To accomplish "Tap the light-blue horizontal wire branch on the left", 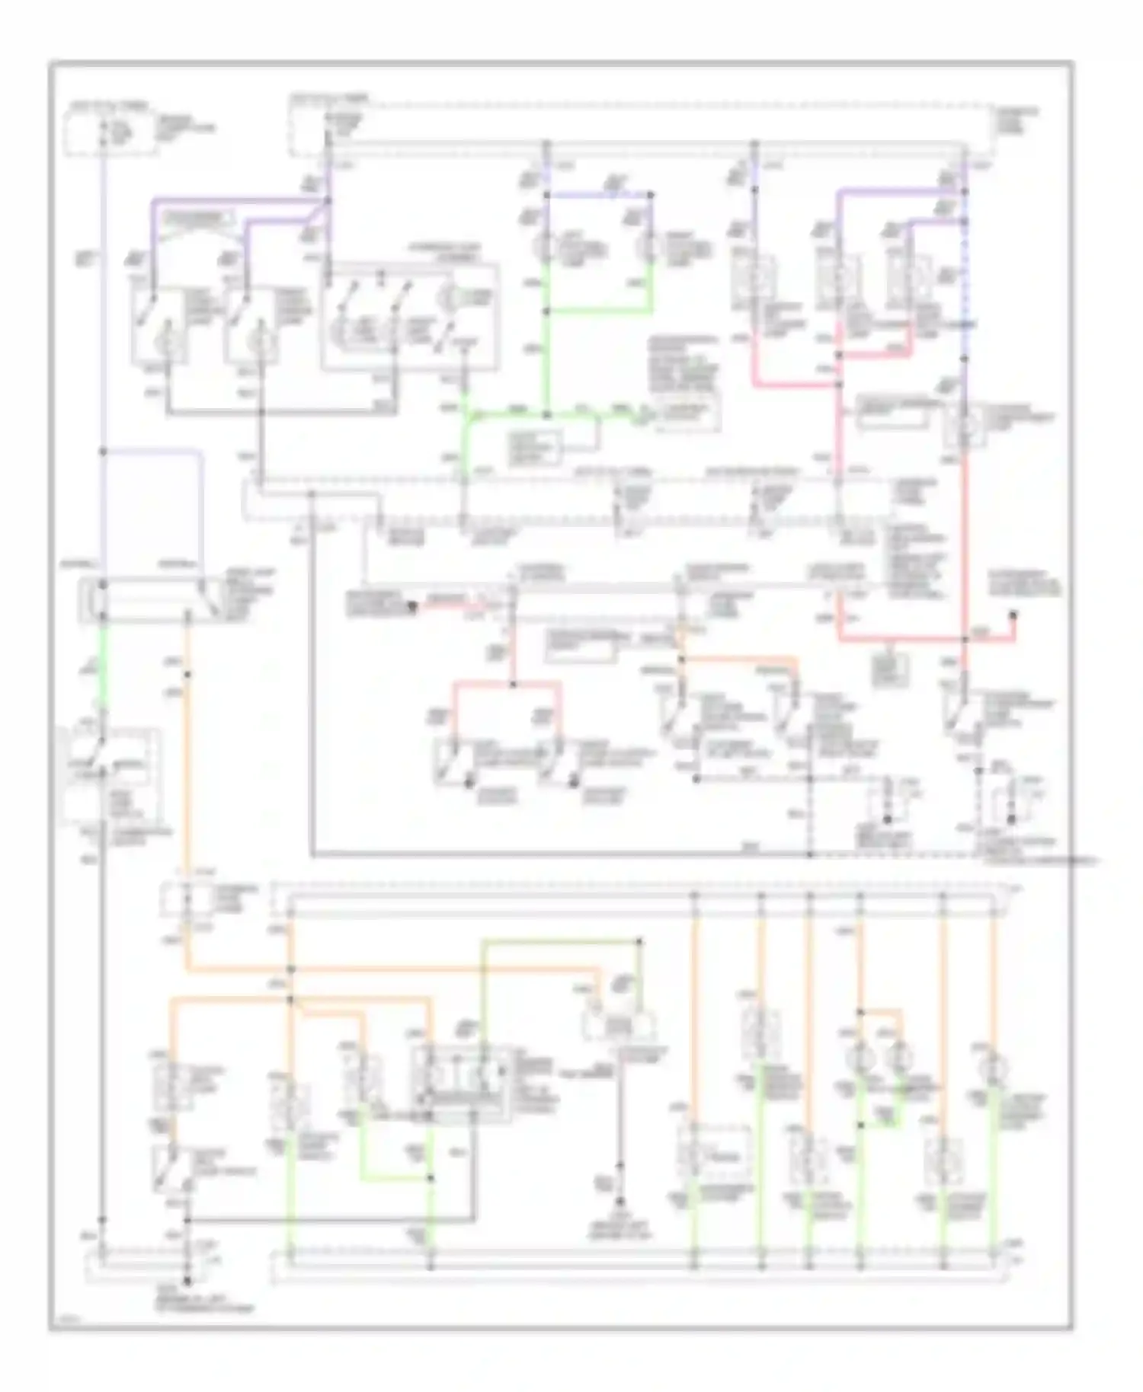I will tap(152, 451).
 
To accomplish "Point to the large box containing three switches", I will tap(410, 318).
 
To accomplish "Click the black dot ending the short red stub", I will tap(412, 607).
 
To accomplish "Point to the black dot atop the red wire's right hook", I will tap(1013, 615).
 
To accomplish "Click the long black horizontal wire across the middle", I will tap(560, 854).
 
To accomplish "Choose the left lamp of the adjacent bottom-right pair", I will tap(860, 1058).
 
